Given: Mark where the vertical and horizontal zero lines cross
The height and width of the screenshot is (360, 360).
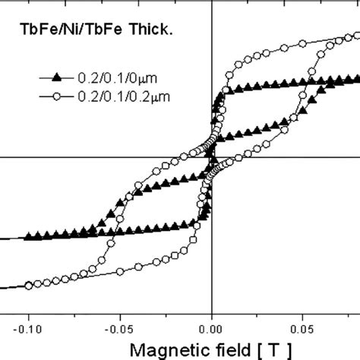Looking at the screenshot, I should (x=211, y=157).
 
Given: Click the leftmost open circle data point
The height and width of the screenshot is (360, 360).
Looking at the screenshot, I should (x=29, y=286).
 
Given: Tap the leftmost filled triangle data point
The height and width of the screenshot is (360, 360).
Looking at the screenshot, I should (x=29, y=236).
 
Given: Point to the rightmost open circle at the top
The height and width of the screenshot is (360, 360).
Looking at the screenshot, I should (x=354, y=35).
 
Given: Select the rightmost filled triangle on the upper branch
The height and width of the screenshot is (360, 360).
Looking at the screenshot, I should (x=354, y=77).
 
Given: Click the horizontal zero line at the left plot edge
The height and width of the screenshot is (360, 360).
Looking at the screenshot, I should (x=2, y=157).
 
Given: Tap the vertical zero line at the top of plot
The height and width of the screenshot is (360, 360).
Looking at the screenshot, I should (x=211, y=3).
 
